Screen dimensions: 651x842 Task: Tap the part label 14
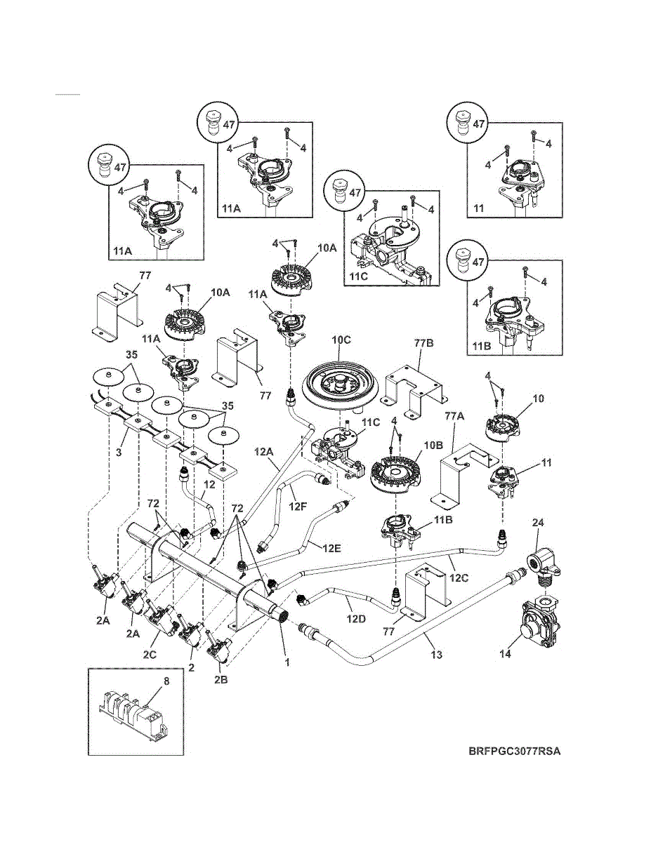(506, 654)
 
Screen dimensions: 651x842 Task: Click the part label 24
(538, 523)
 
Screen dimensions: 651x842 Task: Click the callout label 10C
(341, 340)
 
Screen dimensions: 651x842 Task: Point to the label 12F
(297, 506)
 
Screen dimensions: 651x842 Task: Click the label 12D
(356, 619)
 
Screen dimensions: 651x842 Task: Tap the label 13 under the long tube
(437, 655)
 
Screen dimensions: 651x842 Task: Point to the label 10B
(433, 446)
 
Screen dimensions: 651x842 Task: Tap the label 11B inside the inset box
(482, 346)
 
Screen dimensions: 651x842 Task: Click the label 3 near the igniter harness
(119, 452)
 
